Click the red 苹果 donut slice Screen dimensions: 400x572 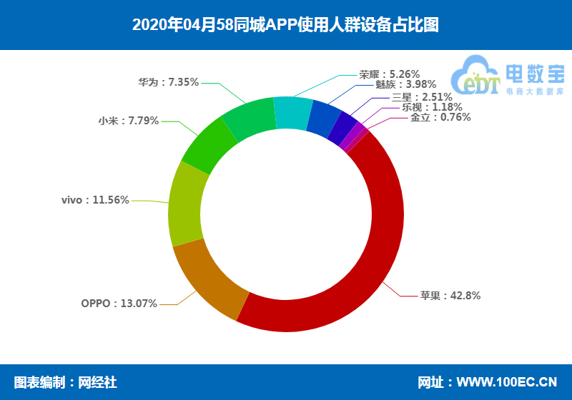[379, 236]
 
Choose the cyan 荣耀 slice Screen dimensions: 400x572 [292, 113]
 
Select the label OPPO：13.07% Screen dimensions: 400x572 [119, 304]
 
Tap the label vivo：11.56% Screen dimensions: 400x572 [95, 200]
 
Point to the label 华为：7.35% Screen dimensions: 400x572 [168, 82]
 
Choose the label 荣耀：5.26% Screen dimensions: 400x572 [389, 74]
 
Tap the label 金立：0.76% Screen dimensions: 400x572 [440, 117]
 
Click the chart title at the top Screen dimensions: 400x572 [285, 25]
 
